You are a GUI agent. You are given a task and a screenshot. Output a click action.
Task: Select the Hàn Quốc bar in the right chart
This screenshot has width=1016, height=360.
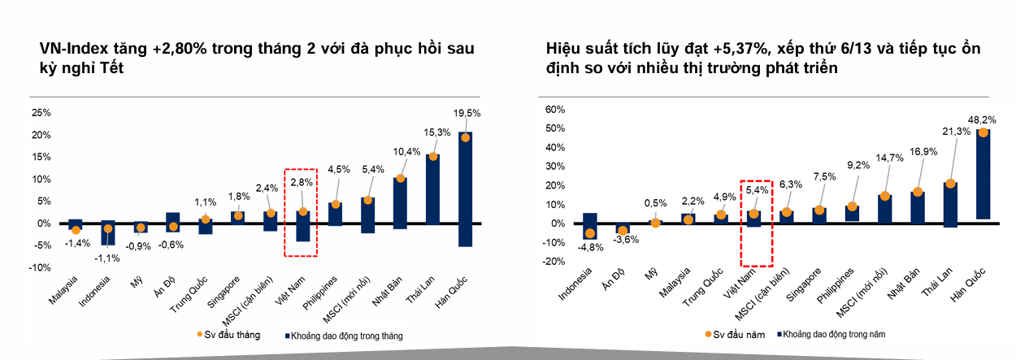[983, 174]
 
